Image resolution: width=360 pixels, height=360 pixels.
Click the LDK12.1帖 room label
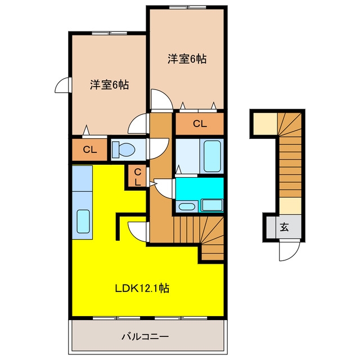(142, 288)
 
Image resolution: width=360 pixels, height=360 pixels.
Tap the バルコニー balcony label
(145, 337)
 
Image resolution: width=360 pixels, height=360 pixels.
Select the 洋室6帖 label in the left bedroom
(109, 85)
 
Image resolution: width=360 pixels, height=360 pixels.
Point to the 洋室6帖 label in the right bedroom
(187, 58)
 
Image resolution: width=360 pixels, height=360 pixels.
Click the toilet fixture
(123, 149)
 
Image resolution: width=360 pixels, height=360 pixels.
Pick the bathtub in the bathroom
(212, 156)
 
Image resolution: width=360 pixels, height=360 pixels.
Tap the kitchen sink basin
(83, 222)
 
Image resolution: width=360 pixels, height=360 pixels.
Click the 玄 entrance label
(284, 227)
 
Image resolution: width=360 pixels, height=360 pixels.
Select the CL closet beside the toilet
(90, 150)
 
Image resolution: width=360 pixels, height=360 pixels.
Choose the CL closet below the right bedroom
(200, 124)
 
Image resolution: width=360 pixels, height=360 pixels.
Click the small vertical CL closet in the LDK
(137, 177)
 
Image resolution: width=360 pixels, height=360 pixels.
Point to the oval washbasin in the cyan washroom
(187, 206)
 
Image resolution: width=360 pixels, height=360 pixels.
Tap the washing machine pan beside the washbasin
(212, 205)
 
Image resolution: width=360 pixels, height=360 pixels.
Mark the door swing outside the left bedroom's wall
(62, 85)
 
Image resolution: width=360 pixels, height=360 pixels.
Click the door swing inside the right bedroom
(161, 100)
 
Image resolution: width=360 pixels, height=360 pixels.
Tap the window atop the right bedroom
(188, 7)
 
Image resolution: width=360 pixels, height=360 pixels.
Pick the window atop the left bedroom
(110, 33)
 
